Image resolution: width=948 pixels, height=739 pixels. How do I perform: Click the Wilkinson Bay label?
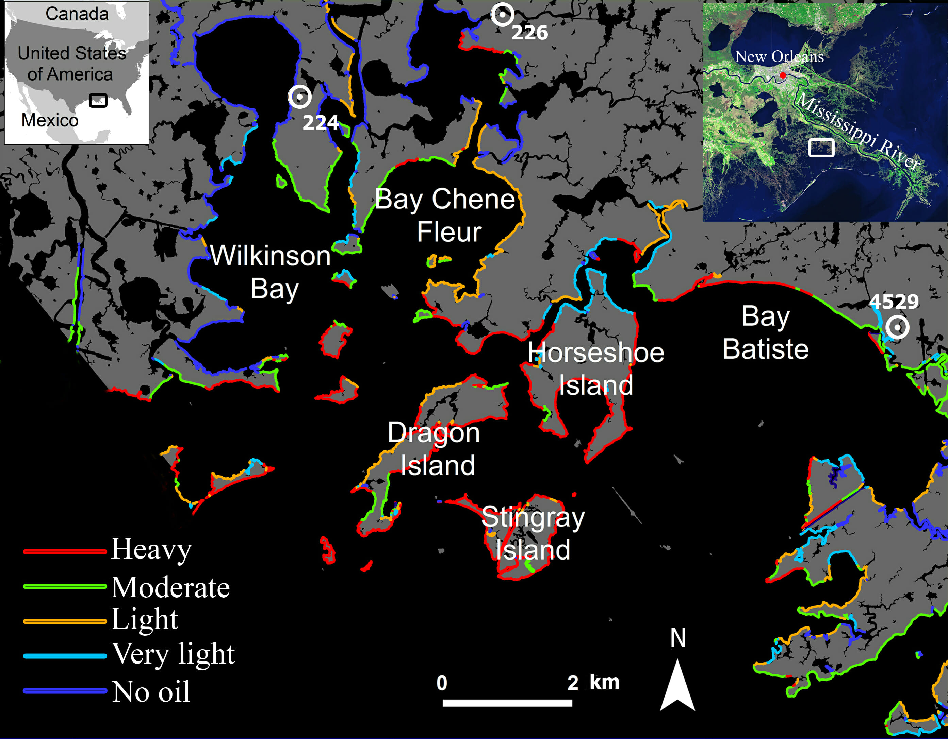tap(271, 272)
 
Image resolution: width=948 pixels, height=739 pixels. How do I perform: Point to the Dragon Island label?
tap(434, 449)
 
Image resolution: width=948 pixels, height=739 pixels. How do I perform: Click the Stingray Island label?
tap(533, 533)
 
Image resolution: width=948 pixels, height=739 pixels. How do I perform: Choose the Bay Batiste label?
tap(766, 333)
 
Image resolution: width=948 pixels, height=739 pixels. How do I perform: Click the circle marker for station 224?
tap(299, 97)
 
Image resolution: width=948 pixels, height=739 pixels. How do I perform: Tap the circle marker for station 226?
tap(502, 14)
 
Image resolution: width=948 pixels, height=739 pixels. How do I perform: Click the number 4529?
tap(894, 302)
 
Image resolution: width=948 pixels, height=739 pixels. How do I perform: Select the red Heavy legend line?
tap(65, 552)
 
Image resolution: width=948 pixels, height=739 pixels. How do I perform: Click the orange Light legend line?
tap(65, 621)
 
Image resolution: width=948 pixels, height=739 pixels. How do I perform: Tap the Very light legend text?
tap(174, 654)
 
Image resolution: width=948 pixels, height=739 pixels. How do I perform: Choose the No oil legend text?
tap(151, 691)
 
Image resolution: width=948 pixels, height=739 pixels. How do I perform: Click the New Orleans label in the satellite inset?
tap(779, 56)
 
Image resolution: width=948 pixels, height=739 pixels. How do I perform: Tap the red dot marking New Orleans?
tap(783, 75)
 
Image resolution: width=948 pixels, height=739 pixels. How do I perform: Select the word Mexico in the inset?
tap(50, 120)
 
